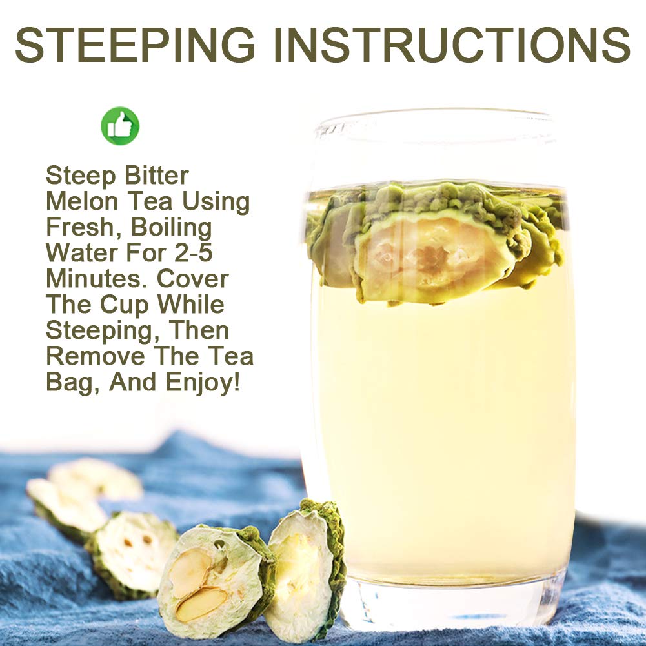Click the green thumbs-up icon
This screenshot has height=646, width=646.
coord(120,126)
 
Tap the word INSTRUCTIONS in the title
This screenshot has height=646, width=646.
coord(452,45)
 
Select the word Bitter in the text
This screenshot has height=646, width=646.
coord(156,176)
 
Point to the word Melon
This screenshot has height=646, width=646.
coord(83,201)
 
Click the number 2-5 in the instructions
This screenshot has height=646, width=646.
coord(194,252)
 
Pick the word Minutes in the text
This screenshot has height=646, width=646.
coord(98,279)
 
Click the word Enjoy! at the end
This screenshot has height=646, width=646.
coord(202,383)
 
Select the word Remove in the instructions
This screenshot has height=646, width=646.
coord(96,356)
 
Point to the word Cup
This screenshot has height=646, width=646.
coord(125,306)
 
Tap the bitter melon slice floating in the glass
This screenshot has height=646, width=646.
coord(437,243)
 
